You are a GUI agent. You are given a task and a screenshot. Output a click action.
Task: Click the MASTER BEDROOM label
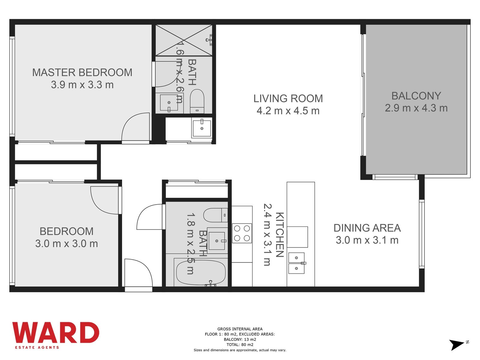pos(82,73)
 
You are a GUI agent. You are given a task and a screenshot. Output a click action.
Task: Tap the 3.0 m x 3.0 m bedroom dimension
pos(67,244)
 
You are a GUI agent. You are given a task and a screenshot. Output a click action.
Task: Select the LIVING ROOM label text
pos(288,99)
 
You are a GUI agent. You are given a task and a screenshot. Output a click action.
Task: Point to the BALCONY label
pos(416,96)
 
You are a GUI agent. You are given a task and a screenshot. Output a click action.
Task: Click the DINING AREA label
pos(367,228)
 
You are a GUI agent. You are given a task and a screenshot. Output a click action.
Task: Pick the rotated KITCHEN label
pos(280,235)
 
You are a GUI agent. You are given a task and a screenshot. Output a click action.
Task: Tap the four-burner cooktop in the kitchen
pos(242,233)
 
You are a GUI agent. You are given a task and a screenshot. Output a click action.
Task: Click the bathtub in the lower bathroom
pos(201,272)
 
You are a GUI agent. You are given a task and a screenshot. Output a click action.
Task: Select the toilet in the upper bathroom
pos(197,101)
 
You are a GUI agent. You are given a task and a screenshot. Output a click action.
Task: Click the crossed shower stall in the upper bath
pos(184,40)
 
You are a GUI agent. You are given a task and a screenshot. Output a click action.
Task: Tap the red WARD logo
pos(56,332)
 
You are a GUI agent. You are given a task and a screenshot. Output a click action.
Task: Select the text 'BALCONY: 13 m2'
pos(240,340)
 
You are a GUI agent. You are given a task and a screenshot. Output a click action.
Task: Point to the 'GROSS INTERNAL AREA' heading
pos(240,329)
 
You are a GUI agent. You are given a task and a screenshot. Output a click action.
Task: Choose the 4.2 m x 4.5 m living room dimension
pos(288,111)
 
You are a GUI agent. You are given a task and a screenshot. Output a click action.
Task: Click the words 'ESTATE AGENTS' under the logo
pos(37,347)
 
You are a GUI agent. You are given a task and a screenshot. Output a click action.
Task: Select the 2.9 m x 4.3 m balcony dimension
pos(416,108)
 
